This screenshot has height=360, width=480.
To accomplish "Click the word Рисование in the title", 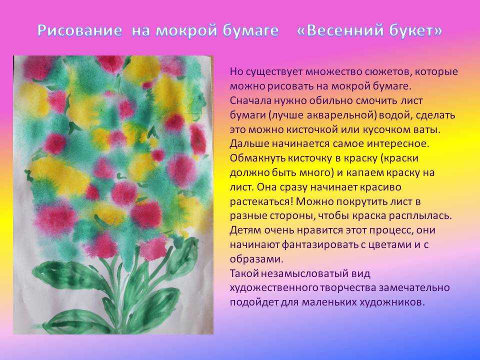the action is [80, 30].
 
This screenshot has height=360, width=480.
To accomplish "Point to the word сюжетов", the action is [384, 72].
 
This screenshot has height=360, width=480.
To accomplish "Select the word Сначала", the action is [250, 100].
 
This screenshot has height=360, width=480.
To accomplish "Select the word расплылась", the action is [420, 216].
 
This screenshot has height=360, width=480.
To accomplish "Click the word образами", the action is [256, 259].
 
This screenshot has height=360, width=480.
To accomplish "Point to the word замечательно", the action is [414, 288].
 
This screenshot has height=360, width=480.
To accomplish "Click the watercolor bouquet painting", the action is [113, 194].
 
